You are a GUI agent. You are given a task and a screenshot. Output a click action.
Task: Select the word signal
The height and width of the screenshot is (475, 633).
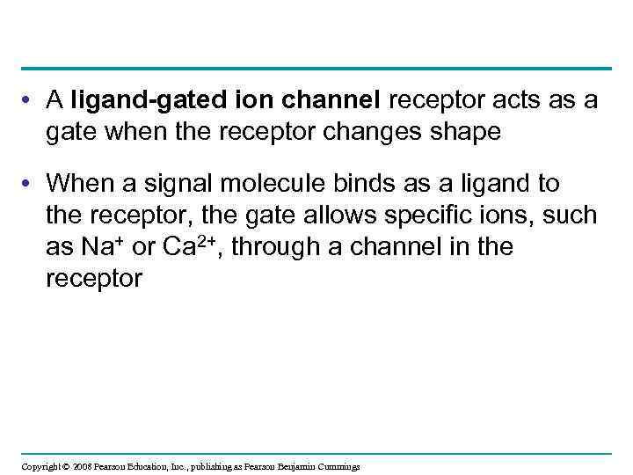(164, 184)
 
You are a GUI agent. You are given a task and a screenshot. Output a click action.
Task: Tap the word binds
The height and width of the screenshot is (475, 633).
(344, 183)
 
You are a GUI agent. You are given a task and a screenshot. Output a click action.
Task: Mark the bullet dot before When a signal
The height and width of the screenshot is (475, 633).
(31, 185)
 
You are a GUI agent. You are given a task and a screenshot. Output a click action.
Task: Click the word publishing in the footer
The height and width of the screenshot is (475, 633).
(200, 466)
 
